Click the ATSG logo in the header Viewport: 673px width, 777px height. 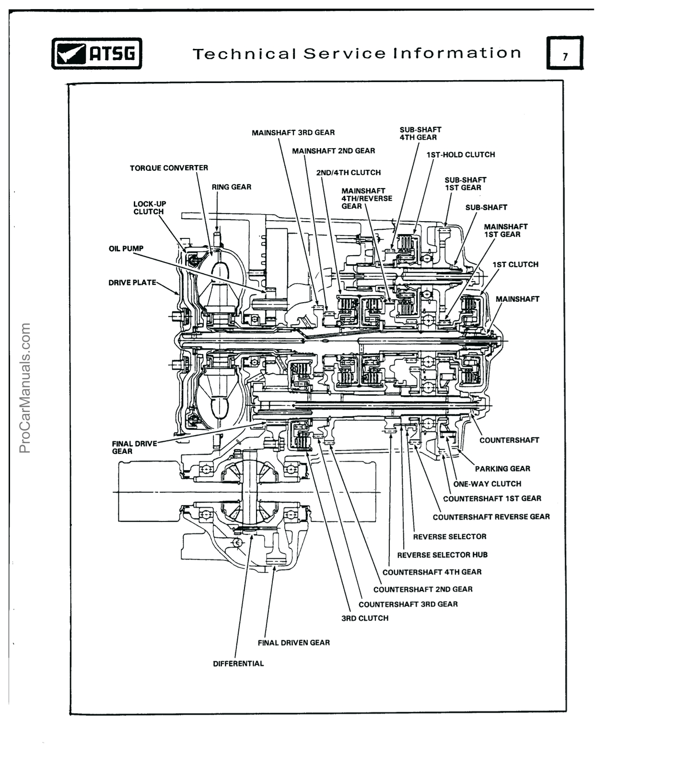96,53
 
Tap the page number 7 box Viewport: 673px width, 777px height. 565,53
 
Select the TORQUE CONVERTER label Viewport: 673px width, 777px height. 169,168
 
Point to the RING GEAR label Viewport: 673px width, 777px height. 232,187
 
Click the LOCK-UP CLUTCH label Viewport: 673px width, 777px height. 149,208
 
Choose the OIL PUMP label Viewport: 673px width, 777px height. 126,248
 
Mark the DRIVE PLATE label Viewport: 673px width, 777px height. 132,283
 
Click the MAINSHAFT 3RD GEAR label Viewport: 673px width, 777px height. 293,132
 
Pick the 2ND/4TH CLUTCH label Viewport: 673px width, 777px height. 348,173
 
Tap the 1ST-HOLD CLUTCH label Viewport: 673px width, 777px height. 461,154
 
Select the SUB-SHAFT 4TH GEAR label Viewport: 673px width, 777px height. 420,133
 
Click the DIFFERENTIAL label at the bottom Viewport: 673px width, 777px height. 238,664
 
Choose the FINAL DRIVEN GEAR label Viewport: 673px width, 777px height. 293,643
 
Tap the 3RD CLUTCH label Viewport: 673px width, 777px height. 365,618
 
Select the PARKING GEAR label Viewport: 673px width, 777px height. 502,469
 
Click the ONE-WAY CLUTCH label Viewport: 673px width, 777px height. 487,484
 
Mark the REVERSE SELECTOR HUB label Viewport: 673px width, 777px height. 442,555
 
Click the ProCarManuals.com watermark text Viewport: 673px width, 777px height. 25,388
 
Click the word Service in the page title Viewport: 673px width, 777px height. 344,53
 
